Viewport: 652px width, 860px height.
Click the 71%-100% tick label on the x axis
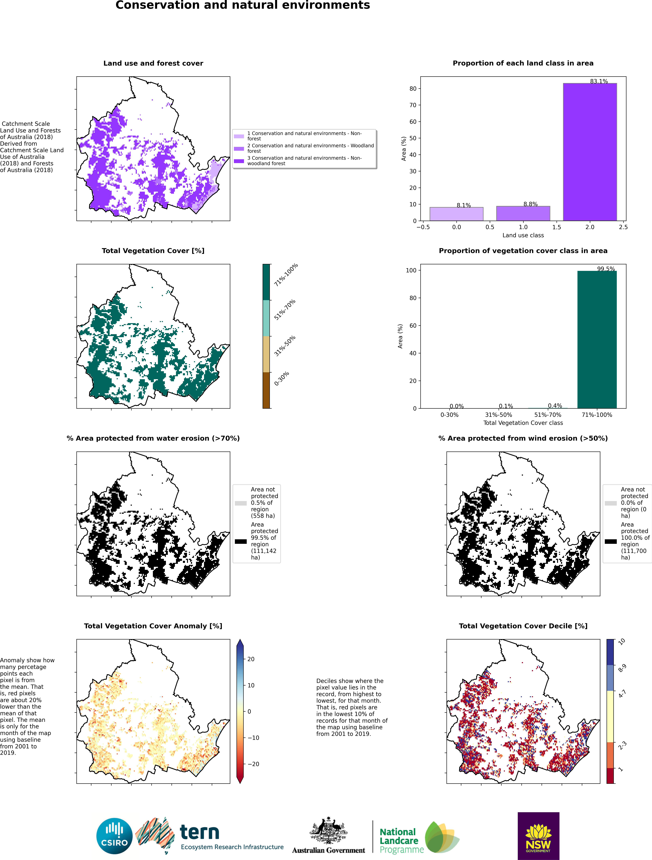pyautogui.click(x=597, y=415)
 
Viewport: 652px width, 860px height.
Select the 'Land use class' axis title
pyautogui.click(x=523, y=235)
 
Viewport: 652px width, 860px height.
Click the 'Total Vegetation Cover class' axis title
pyautogui.click(x=523, y=423)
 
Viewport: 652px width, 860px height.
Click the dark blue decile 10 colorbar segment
pyautogui.click(x=610, y=652)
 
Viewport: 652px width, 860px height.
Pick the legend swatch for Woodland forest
pyautogui.click(x=239, y=149)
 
